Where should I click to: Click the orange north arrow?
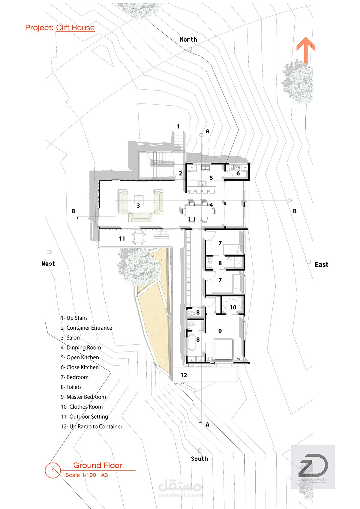306,49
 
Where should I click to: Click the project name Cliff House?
75,28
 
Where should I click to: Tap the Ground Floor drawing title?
98,465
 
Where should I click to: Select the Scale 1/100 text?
81,475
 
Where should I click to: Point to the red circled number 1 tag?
52,470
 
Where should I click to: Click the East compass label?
321,265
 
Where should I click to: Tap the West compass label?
49,264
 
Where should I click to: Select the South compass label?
199,459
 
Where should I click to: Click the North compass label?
188,40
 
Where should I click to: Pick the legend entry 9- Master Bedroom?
83,397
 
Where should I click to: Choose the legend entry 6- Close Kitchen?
79,367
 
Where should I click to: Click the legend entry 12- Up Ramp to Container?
91,427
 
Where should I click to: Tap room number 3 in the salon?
138,206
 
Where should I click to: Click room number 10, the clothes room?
233,307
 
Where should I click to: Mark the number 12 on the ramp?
184,375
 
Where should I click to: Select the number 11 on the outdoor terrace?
122,239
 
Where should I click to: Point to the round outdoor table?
139,239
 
